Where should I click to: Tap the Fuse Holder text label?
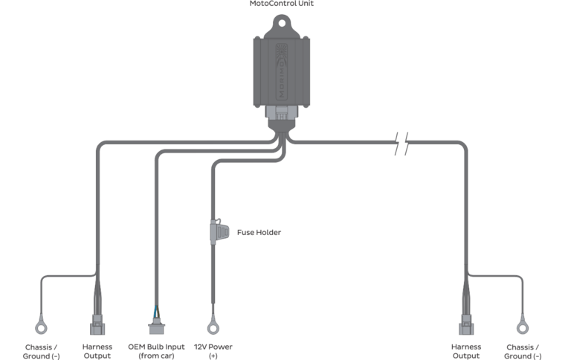point(259,232)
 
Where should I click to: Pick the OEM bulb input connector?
point(155,325)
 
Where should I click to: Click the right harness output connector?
point(466,325)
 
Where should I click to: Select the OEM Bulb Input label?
point(155,351)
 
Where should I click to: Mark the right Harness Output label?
point(466,351)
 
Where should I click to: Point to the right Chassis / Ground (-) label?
point(523,351)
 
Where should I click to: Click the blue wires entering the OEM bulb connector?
point(155,310)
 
